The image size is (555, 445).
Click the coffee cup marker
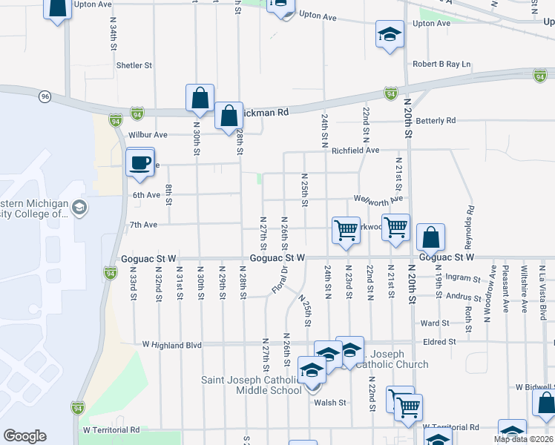139,163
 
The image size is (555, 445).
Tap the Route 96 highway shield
45,96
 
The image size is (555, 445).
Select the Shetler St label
134,65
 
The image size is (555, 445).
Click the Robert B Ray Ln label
442,65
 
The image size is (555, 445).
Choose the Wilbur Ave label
148,135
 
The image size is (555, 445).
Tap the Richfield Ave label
355,150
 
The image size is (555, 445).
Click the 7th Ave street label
144,224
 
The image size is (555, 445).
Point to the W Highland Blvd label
172,344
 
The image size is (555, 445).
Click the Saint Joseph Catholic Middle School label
252,385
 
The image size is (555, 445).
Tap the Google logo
24,436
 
